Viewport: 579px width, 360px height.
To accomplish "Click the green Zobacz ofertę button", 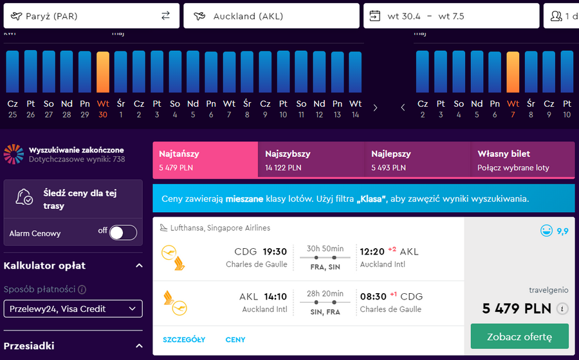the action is click(x=520, y=336).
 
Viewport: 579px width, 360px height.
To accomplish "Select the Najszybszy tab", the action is click(x=311, y=160).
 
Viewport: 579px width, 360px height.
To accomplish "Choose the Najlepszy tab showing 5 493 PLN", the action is click(x=418, y=160).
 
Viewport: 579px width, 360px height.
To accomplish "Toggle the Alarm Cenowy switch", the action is click(x=123, y=233).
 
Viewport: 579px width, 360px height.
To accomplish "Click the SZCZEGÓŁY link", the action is click(x=184, y=339).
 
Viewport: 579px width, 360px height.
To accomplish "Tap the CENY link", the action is click(x=235, y=339).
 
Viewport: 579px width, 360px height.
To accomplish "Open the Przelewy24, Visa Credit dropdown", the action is click(x=73, y=309).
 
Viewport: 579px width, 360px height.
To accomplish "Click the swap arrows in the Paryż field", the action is click(x=165, y=15).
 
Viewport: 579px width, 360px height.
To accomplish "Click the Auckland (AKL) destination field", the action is click(x=271, y=16).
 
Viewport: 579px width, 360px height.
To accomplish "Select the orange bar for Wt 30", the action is click(x=103, y=72).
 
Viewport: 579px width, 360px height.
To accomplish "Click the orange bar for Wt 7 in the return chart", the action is click(x=513, y=72).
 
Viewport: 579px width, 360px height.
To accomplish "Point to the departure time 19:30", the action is click(x=275, y=251).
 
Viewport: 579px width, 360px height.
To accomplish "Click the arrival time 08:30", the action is click(x=373, y=296).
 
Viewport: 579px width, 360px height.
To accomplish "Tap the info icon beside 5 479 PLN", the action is click(x=562, y=309).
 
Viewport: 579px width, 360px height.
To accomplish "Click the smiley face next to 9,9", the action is click(x=546, y=231).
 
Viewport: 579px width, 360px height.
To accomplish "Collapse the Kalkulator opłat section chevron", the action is click(x=139, y=265).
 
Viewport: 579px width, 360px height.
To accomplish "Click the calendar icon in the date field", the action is click(x=375, y=16).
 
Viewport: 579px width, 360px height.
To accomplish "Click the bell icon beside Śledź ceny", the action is click(x=24, y=197).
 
